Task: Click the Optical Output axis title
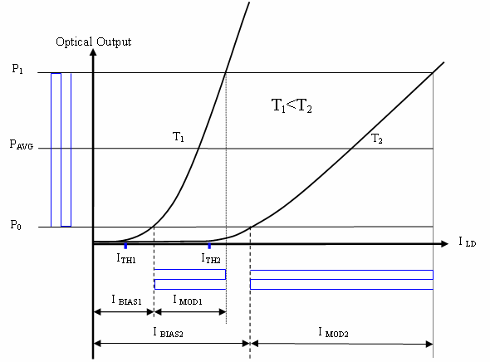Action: (94, 42)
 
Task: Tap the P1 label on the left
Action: (17, 69)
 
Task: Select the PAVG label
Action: (22, 144)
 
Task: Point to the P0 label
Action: (16, 224)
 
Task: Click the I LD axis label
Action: (468, 242)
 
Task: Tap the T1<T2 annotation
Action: (292, 105)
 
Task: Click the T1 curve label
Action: (178, 137)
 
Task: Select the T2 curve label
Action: (376, 139)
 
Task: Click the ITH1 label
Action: (126, 258)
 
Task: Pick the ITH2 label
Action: (211, 258)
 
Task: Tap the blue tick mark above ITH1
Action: (125, 246)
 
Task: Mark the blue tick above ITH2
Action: (209, 246)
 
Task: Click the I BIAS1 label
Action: (126, 301)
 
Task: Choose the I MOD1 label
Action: (188, 301)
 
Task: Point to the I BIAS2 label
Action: (168, 332)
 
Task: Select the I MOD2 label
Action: (333, 332)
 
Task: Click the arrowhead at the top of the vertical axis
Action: (93, 51)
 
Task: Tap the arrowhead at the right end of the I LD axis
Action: (444, 243)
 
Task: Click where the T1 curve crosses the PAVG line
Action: (198, 149)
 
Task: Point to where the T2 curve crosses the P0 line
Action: (251, 227)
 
